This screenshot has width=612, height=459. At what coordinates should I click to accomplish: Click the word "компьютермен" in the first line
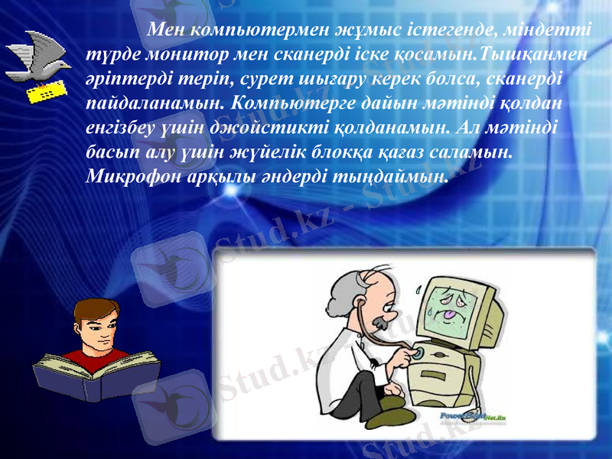coord(259,31)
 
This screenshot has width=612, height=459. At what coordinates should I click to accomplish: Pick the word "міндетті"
coord(545,31)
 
